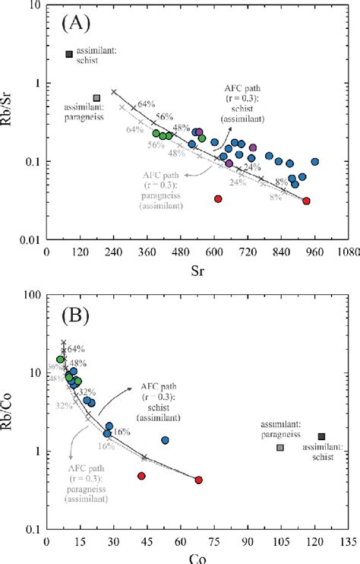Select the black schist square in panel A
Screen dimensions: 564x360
coord(69,54)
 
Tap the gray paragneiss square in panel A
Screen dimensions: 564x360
coord(96,98)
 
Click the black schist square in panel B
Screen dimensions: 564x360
coord(321,436)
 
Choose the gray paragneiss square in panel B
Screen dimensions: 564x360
coord(280,448)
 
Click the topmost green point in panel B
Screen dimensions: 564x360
coord(61,360)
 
